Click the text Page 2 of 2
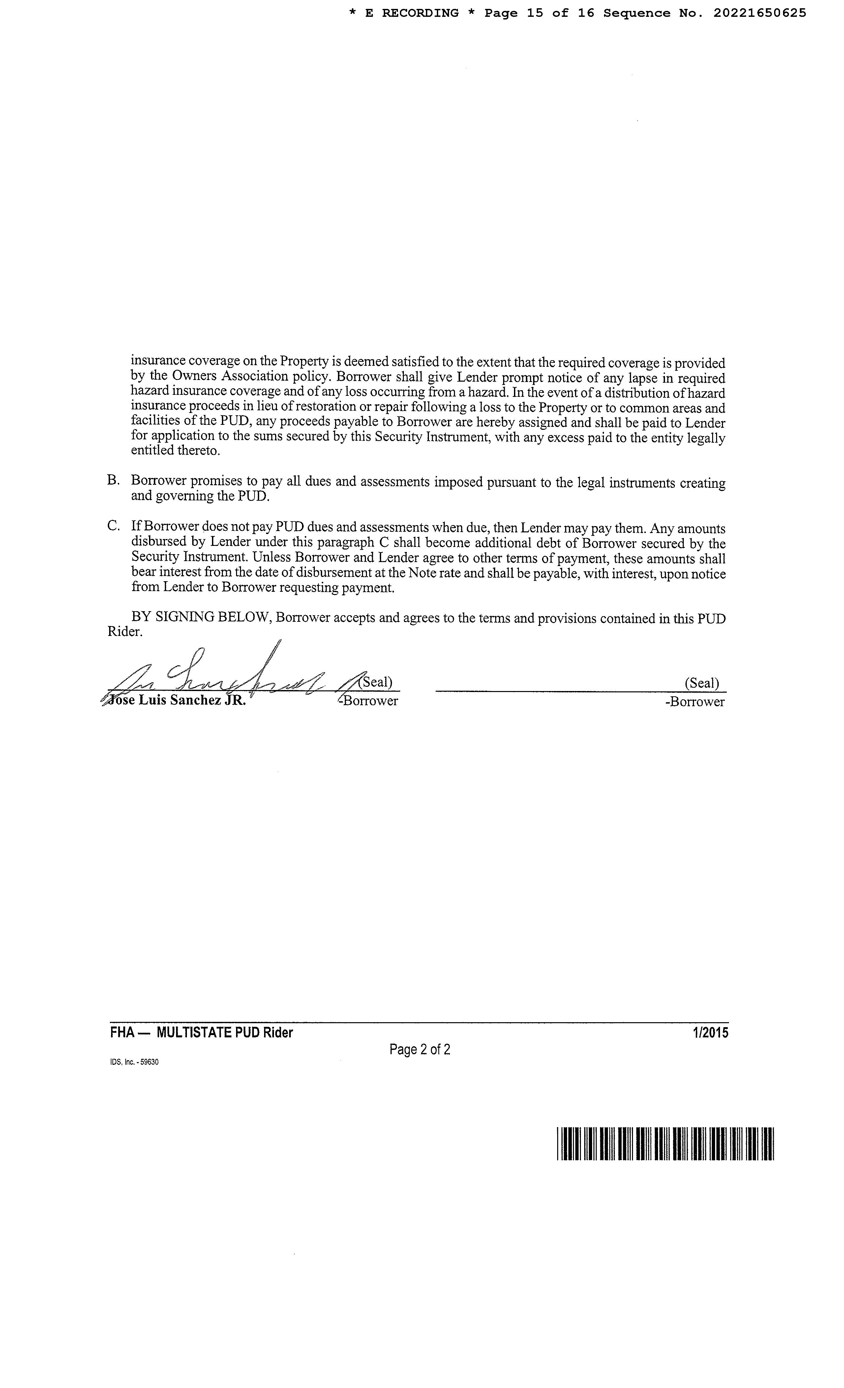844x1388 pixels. (419, 1050)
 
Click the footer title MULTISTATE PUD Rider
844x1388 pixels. (225, 1032)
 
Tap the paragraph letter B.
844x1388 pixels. (113, 480)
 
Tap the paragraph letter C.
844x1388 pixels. (113, 526)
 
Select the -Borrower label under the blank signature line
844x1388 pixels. (694, 702)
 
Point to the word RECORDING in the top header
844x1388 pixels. (421, 13)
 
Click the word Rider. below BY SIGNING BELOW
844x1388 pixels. (125, 632)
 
